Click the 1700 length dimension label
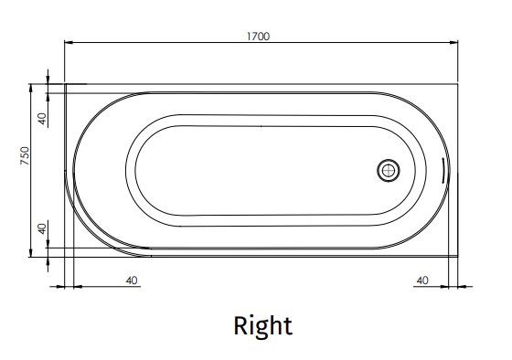pyautogui.click(x=258, y=37)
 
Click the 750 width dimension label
pyautogui.click(x=25, y=155)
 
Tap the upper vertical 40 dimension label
pyautogui.click(x=42, y=119)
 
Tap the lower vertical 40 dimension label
pyautogui.click(x=42, y=228)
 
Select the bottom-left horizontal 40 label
pyautogui.click(x=132, y=281)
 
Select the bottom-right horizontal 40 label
pyautogui.click(x=422, y=281)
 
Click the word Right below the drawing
pyautogui.click(x=263, y=325)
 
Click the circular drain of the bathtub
pyautogui.click(x=389, y=171)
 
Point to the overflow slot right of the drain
pyautogui.click(x=442, y=170)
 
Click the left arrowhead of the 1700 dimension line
pyautogui.click(x=69, y=42)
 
